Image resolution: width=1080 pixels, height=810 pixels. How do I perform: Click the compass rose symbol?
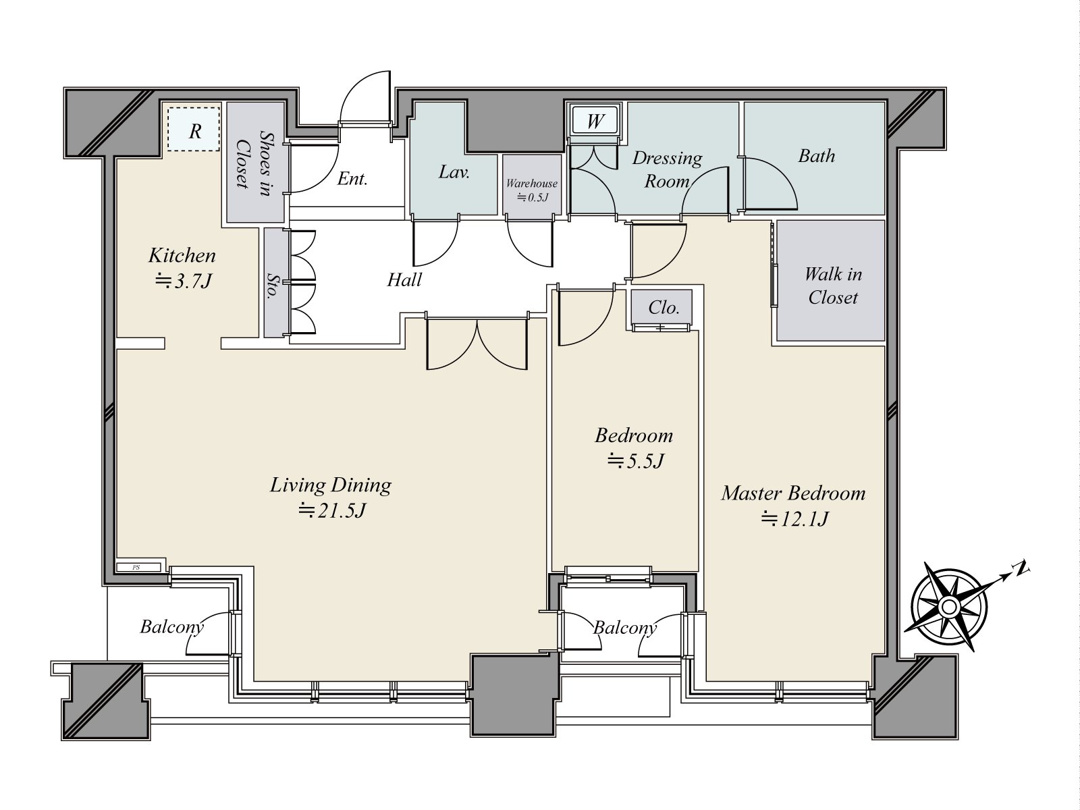[x=948, y=607]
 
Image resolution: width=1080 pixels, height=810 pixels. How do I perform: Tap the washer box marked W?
[x=595, y=121]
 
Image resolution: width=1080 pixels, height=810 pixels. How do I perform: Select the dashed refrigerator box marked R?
[x=193, y=130]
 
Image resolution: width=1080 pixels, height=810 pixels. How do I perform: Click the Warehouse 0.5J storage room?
[x=532, y=185]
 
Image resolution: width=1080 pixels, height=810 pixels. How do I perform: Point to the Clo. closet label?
[x=664, y=308]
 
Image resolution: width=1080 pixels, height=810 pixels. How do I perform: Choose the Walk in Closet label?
[x=833, y=286]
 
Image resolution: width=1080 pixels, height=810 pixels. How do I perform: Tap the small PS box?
[x=138, y=567]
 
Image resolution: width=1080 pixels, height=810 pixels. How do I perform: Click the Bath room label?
[x=816, y=156]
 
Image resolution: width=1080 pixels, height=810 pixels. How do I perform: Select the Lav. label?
[x=454, y=172]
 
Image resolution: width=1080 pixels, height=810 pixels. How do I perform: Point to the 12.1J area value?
[x=795, y=519]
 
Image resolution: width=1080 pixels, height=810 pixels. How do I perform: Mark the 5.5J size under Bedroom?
[x=636, y=461]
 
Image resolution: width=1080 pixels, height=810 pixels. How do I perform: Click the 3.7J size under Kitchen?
[x=183, y=281]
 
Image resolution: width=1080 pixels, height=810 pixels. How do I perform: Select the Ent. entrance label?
[x=352, y=178]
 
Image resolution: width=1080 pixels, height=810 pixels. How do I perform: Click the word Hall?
[x=404, y=280]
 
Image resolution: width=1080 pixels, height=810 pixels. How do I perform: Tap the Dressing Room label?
[x=667, y=169]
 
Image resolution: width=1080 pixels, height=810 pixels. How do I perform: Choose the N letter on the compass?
[x=1021, y=569]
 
